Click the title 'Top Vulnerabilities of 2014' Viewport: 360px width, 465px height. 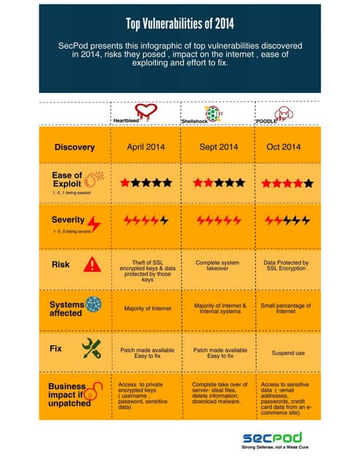coord(179,24)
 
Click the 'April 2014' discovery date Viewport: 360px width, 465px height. coord(146,147)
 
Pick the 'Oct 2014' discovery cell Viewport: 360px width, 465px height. coord(284,147)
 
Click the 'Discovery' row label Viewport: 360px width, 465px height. coord(74,147)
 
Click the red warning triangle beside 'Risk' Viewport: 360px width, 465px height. coord(92,264)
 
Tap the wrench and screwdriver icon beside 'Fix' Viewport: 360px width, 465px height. coord(92,347)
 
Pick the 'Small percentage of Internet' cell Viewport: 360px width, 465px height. coord(286,310)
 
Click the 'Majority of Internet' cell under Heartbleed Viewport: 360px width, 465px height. coord(146,309)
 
